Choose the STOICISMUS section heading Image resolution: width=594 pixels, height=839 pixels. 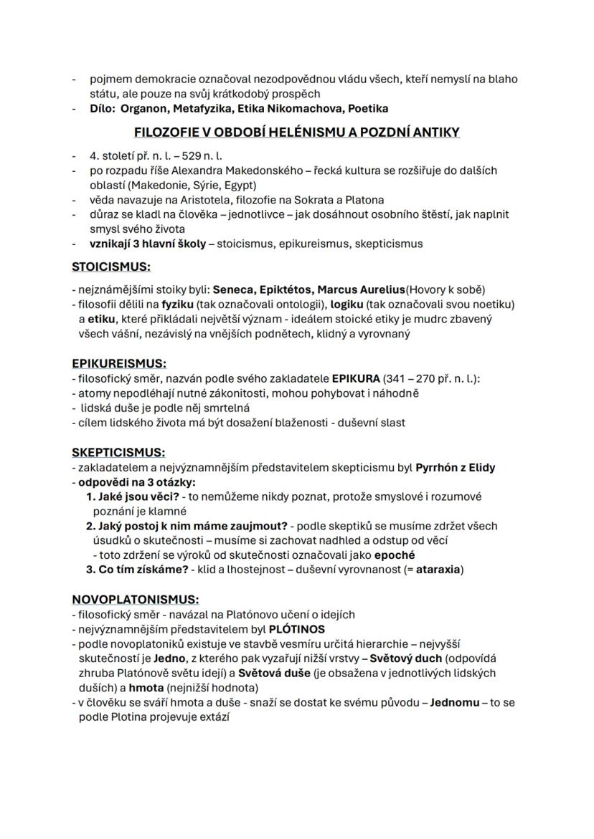click(x=111, y=267)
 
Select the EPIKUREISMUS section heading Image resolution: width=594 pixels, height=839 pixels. click(x=119, y=363)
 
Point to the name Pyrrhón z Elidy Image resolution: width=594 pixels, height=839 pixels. click(x=456, y=467)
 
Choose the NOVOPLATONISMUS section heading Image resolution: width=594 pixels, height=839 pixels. click(x=136, y=599)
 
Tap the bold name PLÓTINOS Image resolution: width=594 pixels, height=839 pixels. click(x=297, y=629)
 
